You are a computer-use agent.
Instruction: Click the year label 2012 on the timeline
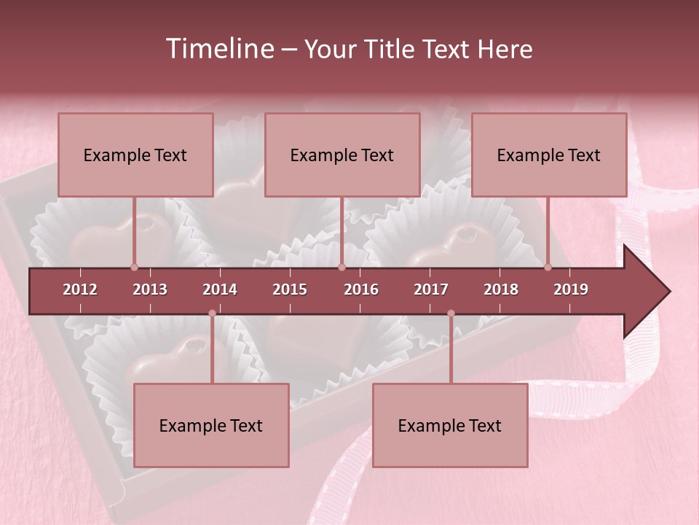click(80, 289)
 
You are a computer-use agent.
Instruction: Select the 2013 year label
click(150, 289)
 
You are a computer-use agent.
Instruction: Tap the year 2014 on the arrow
click(220, 289)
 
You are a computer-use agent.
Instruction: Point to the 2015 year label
click(290, 289)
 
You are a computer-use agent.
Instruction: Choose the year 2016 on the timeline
click(361, 289)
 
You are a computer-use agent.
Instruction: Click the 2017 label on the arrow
click(431, 289)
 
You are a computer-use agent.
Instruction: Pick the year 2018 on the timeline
click(501, 289)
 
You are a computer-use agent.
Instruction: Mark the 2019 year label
click(571, 289)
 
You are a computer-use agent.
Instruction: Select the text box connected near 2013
click(135, 155)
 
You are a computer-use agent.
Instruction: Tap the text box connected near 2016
click(342, 155)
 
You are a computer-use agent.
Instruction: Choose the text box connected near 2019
click(549, 155)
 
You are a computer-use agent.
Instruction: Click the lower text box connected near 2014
click(211, 425)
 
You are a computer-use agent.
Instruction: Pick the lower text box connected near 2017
click(450, 425)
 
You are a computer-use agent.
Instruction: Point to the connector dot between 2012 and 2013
click(134, 267)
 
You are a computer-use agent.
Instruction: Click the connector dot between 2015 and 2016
click(341, 267)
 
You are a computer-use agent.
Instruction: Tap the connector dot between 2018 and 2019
click(548, 267)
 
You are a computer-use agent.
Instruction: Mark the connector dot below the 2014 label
click(212, 314)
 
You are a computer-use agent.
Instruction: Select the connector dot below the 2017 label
click(451, 314)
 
